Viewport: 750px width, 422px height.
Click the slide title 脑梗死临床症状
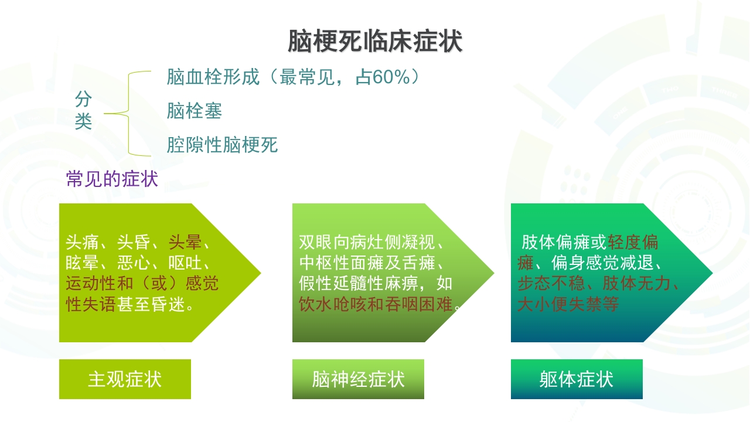click(374, 42)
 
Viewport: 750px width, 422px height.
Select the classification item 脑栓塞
click(194, 111)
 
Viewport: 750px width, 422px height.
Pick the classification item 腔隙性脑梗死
click(222, 145)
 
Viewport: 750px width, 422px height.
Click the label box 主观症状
click(124, 379)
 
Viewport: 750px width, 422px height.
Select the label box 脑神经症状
click(358, 379)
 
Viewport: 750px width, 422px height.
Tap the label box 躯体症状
click(577, 379)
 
